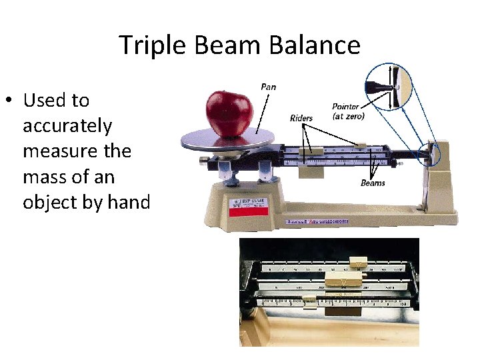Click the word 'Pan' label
268,87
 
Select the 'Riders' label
301,119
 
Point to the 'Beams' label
373,183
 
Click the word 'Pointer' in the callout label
345,107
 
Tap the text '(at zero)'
348,117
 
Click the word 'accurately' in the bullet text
67,126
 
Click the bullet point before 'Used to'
9,101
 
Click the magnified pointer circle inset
392,87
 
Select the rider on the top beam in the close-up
358,265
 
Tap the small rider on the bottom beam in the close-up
309,301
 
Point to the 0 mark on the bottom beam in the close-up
264,303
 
